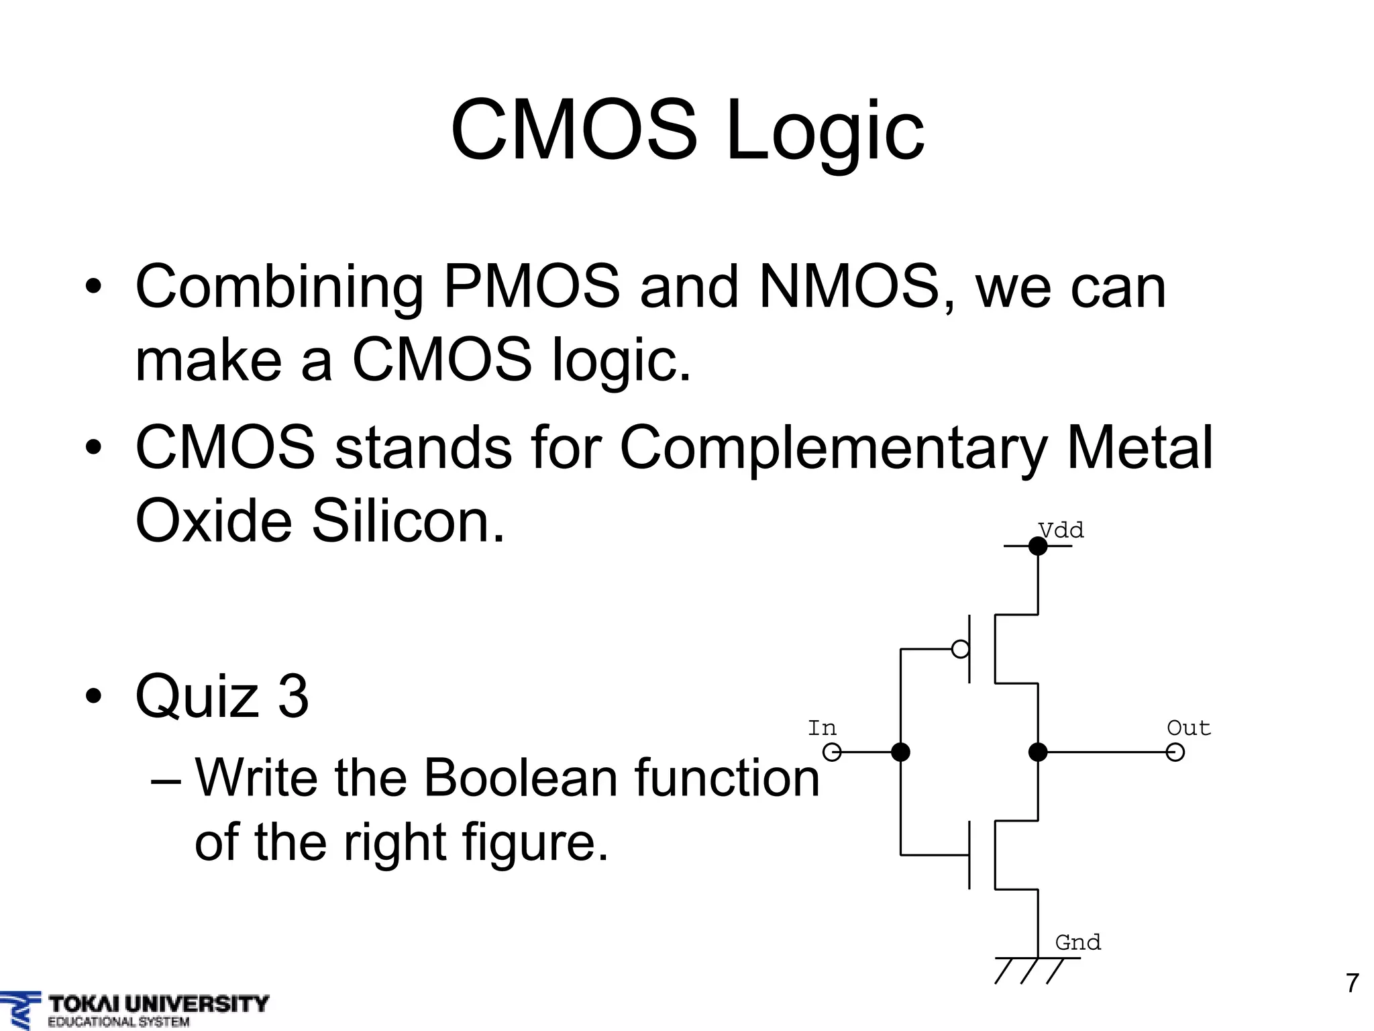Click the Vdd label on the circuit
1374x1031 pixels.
pos(1061,530)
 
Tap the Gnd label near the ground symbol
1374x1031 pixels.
pos(1077,942)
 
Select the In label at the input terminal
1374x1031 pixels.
pos(822,728)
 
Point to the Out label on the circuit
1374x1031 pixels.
pos(1188,728)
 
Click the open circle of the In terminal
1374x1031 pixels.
pos(832,752)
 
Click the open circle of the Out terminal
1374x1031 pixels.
pos(1175,752)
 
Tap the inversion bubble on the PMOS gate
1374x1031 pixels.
pos(961,649)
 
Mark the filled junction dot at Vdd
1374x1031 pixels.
pos(1038,546)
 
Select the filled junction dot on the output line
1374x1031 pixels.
pos(1038,752)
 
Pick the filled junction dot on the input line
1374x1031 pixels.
pos(900,752)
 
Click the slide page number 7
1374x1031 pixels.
pos(1352,983)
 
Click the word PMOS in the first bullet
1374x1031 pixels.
pos(531,287)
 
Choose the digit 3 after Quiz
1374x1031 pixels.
pos(293,696)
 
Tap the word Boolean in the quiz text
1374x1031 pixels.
pos(521,778)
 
